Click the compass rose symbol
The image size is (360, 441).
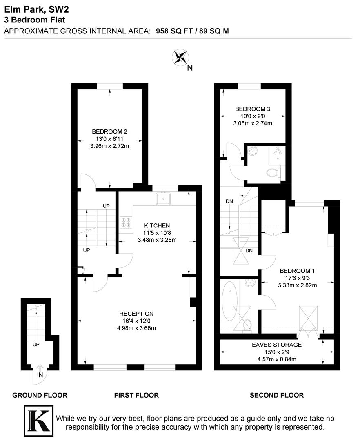pos(180,58)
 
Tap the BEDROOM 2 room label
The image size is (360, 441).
pos(109,131)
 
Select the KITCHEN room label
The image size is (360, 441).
pos(157,225)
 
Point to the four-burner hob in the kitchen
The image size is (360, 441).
pos(126,223)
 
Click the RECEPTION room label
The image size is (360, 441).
pos(136,314)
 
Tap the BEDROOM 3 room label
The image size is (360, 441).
pos(252,109)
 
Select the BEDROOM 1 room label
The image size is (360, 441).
pos(297,271)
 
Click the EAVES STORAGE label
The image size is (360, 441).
pos(276,345)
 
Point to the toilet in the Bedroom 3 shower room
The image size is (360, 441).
pos(273,173)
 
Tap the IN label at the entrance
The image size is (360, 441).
pos(40,375)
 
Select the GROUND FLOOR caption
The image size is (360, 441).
pos(40,395)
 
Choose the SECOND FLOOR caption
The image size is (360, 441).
pos(276,395)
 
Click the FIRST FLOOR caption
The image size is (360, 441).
pos(136,395)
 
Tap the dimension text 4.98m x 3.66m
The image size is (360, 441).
pos(136,327)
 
